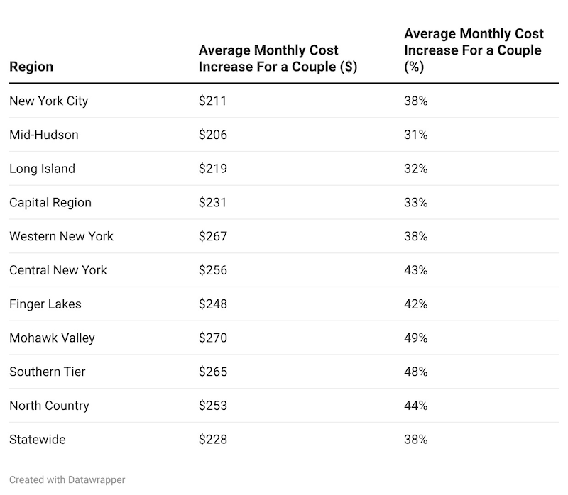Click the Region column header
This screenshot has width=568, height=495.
(x=31, y=67)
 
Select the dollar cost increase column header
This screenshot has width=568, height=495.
(x=278, y=59)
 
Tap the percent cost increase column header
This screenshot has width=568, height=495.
(x=474, y=50)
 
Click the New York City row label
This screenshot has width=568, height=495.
(x=49, y=101)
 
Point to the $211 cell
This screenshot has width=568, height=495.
(x=212, y=101)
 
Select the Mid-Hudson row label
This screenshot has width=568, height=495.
(x=44, y=135)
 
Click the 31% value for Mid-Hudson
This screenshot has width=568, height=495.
(x=415, y=135)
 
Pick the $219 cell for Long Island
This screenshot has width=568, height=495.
(x=212, y=169)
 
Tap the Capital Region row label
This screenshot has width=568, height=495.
(x=50, y=202)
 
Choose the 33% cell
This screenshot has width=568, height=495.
(x=415, y=202)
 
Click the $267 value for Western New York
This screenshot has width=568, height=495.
(x=212, y=236)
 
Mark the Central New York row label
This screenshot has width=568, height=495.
(x=58, y=270)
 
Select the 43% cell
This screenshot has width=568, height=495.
(x=415, y=270)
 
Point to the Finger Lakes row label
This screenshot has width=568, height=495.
(x=45, y=304)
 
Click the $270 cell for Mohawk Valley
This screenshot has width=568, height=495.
(x=212, y=338)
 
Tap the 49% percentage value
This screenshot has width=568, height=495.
(x=415, y=338)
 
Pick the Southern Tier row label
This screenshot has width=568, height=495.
(x=48, y=372)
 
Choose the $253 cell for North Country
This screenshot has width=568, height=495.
(x=212, y=406)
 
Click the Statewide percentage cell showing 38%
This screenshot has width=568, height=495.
(x=415, y=440)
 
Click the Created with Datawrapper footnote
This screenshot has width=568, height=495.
(x=67, y=480)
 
